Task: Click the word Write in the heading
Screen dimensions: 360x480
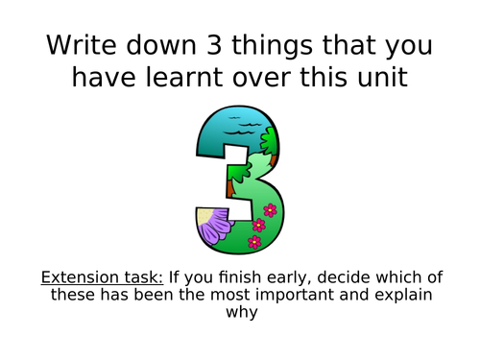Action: coord(76,45)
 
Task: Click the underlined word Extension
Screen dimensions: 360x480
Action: coord(76,278)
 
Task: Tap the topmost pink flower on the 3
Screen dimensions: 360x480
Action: coord(270,209)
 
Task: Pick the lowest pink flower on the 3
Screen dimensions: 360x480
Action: coord(253,242)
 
